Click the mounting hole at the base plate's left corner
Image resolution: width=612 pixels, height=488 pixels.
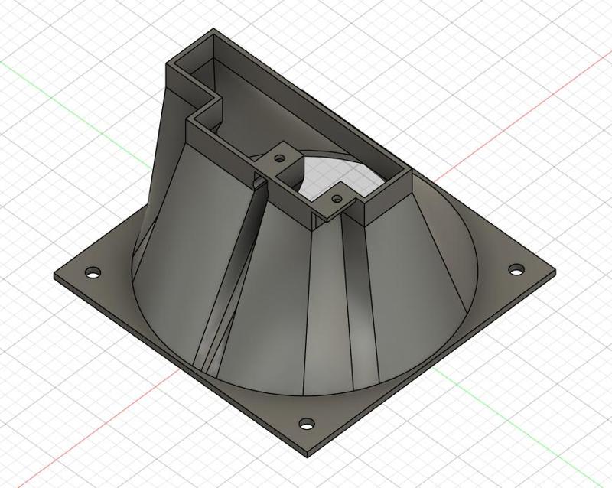93,272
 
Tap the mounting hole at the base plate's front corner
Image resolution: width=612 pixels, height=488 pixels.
306,422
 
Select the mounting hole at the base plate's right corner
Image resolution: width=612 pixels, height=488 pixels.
517,269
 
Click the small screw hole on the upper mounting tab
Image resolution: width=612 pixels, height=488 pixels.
279,155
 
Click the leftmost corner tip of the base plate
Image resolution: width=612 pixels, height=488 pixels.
54,274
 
